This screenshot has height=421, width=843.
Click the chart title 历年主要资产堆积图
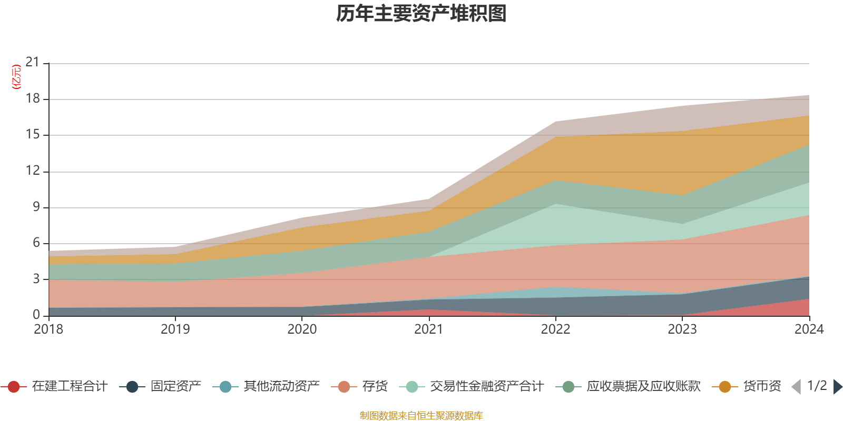coord(421,14)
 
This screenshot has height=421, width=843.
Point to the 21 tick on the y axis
coord(33,63)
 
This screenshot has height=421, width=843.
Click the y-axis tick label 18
coord(33,99)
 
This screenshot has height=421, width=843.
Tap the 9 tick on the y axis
coord(36,207)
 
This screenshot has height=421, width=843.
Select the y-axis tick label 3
coord(36,279)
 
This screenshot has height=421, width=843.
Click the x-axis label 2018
coord(48,329)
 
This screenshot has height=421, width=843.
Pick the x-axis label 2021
coord(428,329)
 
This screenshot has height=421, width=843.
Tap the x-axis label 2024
coord(809,329)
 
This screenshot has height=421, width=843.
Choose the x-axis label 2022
coord(555,329)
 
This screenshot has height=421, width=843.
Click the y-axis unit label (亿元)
coord(16,77)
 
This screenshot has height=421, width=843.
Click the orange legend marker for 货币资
coord(725,387)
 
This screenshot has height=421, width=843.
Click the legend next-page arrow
coord(837,387)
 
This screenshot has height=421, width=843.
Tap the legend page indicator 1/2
coord(817,386)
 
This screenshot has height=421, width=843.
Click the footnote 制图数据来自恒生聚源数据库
coord(421,416)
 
